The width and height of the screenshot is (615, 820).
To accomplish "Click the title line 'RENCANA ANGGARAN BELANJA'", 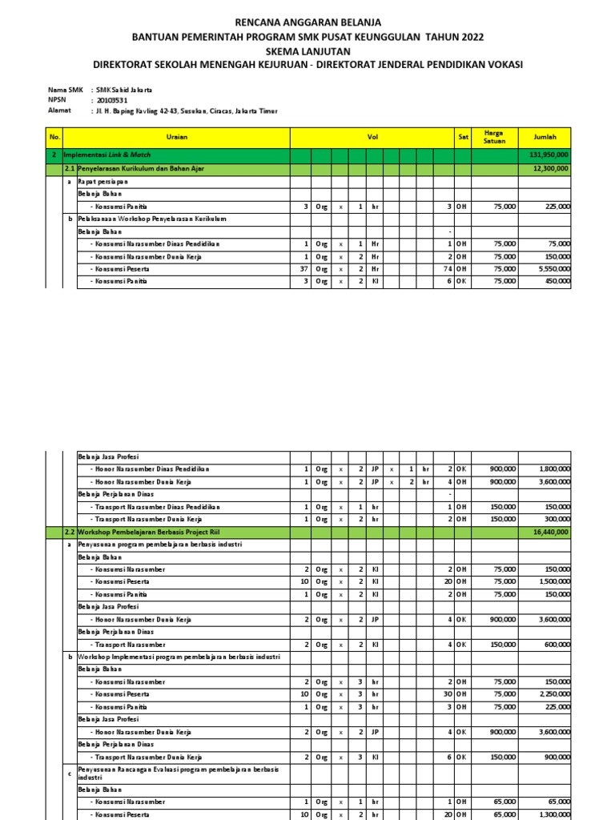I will pyautogui.click(x=307, y=22).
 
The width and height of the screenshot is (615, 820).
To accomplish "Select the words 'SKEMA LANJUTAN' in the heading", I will pyautogui.click(x=307, y=50).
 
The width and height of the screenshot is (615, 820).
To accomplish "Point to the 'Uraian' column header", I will pyautogui.click(x=177, y=137).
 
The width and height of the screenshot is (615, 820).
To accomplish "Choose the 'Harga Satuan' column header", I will pyautogui.click(x=494, y=137).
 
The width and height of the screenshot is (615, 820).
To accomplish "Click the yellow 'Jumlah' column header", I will pyautogui.click(x=545, y=137).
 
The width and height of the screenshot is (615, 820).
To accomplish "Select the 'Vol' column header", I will pyautogui.click(x=372, y=137).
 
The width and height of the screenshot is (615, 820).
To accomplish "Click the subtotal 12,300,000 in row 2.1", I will pyautogui.click(x=551, y=169).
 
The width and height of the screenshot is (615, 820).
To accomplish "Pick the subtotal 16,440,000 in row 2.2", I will pyautogui.click(x=551, y=531).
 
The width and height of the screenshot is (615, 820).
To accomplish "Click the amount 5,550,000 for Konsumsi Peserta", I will pyautogui.click(x=553, y=269).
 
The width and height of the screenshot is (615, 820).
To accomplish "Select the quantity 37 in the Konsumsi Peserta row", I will pyautogui.click(x=303, y=269).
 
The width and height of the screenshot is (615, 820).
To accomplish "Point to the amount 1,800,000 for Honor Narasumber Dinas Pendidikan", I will pyautogui.click(x=553, y=468).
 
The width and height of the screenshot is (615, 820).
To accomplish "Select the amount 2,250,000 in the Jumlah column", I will pyautogui.click(x=553, y=694).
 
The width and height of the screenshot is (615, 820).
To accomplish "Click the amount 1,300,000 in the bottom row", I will pyautogui.click(x=553, y=814).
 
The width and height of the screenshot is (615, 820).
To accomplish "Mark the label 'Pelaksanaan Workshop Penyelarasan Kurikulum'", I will pyautogui.click(x=151, y=219).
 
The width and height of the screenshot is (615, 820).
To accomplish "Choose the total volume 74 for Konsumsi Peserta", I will pyautogui.click(x=448, y=269).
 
